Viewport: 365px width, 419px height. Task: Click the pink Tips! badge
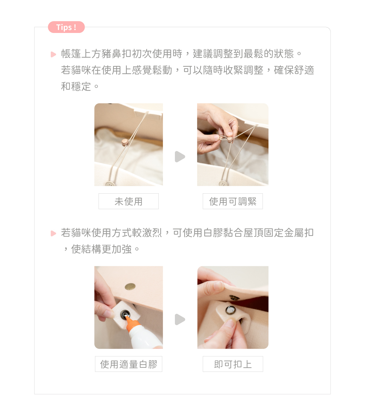click(66, 27)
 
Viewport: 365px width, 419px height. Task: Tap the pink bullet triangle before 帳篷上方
click(53, 54)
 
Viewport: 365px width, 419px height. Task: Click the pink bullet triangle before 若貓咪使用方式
click(53, 233)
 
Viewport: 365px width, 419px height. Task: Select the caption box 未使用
click(129, 201)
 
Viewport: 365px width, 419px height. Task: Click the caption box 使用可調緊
click(233, 201)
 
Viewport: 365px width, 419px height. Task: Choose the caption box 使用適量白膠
click(129, 364)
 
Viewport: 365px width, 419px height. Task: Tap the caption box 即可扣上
click(233, 364)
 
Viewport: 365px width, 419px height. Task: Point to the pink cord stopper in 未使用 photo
click(125, 142)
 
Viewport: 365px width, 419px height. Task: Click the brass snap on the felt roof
click(130, 287)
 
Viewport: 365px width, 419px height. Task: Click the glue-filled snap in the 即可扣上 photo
click(230, 310)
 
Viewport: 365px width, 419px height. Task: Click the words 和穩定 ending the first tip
click(76, 87)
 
